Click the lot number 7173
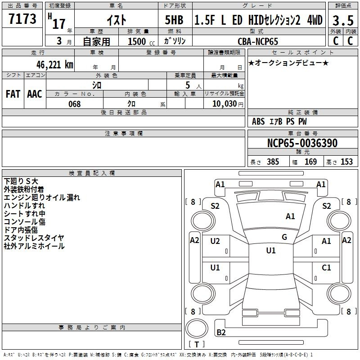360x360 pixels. tap(22, 18)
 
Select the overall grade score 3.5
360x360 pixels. tap(343, 20)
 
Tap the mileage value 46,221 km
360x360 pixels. tap(55, 65)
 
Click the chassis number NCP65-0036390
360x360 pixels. tap(302, 143)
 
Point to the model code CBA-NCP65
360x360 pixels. tap(258, 41)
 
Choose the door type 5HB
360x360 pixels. tap(174, 20)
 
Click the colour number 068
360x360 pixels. tap(75, 104)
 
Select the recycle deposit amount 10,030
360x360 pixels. tap(225, 103)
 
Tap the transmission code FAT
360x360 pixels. tap(13, 94)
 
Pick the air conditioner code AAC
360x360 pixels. tap(35, 94)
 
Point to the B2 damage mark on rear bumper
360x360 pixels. tap(221, 332)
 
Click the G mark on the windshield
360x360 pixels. tap(284, 237)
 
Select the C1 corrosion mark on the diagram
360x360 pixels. tap(326, 267)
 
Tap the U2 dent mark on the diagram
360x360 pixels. tap(215, 241)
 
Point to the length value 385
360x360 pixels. tap(273, 162)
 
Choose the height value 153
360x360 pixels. tap(346, 162)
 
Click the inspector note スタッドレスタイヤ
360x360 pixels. tap(34, 238)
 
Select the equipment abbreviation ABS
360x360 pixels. tap(258, 121)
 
